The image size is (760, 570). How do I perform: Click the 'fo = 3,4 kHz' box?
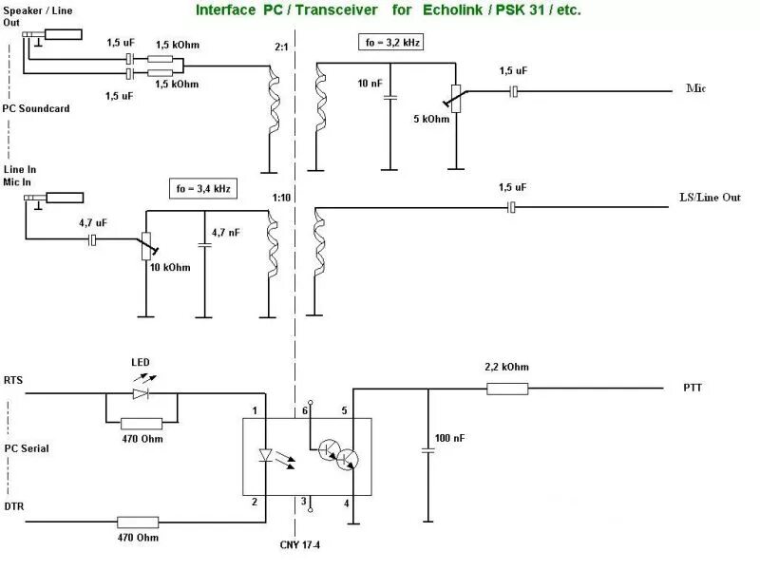coord(202,189)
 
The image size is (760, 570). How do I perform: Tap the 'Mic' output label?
coord(695,89)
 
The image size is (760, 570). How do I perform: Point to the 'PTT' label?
coord(693,389)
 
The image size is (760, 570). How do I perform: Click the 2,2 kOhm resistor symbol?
coord(507,388)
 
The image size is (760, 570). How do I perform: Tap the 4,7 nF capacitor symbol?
coord(203,244)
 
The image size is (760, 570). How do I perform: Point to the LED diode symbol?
coord(142,391)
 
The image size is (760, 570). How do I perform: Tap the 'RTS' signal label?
coord(13,380)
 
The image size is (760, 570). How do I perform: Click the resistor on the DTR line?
coord(137,521)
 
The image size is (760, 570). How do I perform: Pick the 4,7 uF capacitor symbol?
coord(92,241)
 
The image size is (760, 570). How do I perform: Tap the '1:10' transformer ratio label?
coord(282,198)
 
